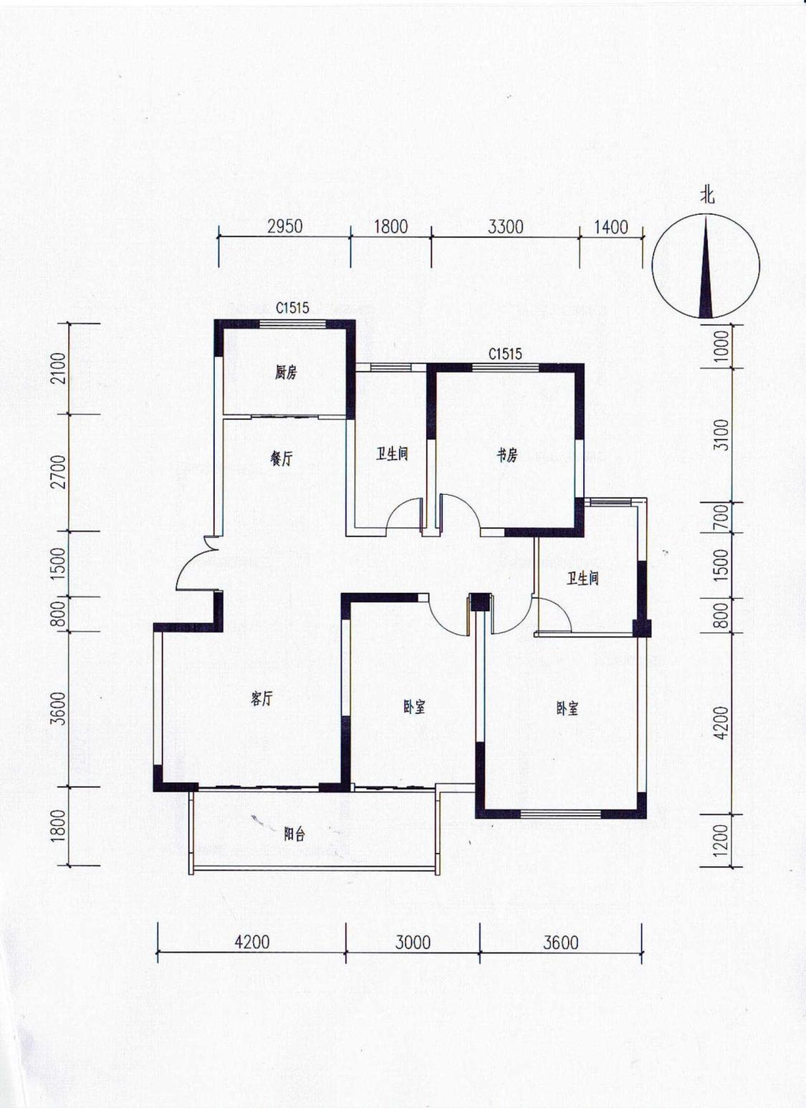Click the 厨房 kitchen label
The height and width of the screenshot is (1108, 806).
tap(286, 373)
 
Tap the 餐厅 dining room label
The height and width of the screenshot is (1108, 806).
tap(281, 460)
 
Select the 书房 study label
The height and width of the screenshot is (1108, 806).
tap(507, 456)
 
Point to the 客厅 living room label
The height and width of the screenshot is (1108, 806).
tap(262, 699)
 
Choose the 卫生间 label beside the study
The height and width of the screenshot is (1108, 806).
tap(392, 454)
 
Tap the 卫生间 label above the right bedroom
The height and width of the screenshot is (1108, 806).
tap(582, 578)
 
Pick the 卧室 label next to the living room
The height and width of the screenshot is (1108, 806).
tap(414, 708)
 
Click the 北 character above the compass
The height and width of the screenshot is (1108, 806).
tap(707, 196)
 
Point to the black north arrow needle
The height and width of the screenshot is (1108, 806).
tap(706, 266)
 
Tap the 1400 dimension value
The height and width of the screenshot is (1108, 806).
tap(610, 227)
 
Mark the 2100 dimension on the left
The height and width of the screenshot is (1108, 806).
tap(60, 369)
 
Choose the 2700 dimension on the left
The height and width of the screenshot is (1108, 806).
tap(60, 472)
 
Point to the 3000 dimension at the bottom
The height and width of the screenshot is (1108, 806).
tap(413, 943)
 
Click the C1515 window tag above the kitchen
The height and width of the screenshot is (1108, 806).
tap(292, 308)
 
